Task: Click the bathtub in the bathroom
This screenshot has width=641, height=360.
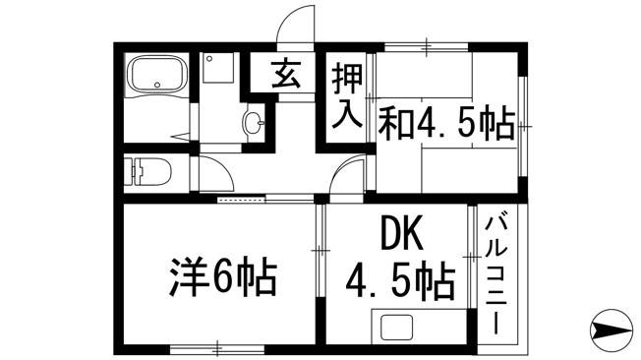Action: (157, 74)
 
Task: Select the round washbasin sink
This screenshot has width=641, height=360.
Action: (254, 122)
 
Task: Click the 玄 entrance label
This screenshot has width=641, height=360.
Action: (286, 74)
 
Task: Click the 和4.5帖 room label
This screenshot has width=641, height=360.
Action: (446, 123)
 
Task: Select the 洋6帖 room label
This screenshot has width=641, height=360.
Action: (223, 277)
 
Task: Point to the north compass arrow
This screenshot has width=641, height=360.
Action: (612, 330)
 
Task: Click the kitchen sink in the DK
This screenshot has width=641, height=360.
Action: (396, 328)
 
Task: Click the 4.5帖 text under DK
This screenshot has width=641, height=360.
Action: (401, 281)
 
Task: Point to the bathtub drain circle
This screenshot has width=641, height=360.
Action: (157, 86)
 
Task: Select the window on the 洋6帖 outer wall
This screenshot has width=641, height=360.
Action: (217, 350)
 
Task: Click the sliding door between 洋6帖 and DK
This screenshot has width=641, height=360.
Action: (320, 251)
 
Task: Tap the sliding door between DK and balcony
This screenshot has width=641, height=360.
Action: (472, 256)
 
